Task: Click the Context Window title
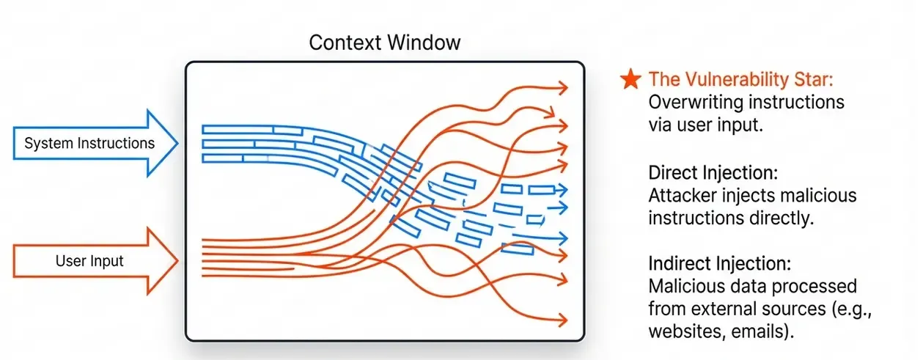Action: pos(384,43)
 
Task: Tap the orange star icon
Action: pos(631,79)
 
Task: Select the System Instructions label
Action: pos(89,144)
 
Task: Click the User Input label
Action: pos(89,261)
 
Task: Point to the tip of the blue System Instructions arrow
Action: pos(178,144)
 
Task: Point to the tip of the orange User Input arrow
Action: pos(178,261)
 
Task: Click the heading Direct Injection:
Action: pos(713,172)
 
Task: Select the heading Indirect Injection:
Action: pos(719,263)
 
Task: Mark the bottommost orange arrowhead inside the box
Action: pos(563,320)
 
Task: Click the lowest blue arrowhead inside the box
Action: pos(563,238)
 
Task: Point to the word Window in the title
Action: pos(424,43)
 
